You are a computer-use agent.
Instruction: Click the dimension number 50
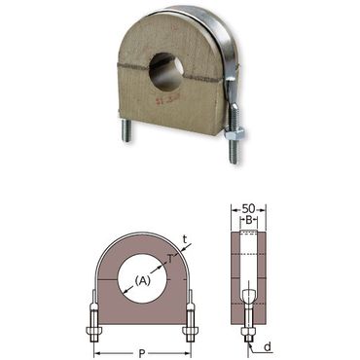point(249,208)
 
